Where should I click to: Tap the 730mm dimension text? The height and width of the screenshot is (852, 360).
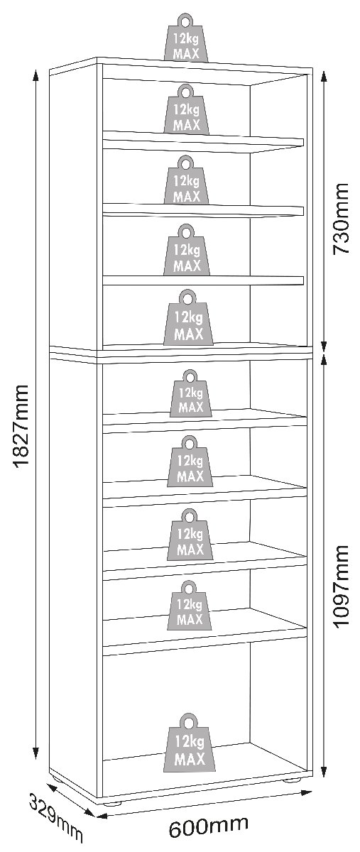[341, 219]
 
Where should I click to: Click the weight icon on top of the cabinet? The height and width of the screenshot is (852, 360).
[186, 38]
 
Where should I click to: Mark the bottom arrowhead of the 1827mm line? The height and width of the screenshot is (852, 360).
[36, 753]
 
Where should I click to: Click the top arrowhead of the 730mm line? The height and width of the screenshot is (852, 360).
[324, 77]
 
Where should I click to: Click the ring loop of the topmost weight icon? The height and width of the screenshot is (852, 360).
[185, 21]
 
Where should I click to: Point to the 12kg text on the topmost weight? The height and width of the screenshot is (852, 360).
[187, 38]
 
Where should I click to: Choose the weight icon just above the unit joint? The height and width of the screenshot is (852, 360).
[188, 318]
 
